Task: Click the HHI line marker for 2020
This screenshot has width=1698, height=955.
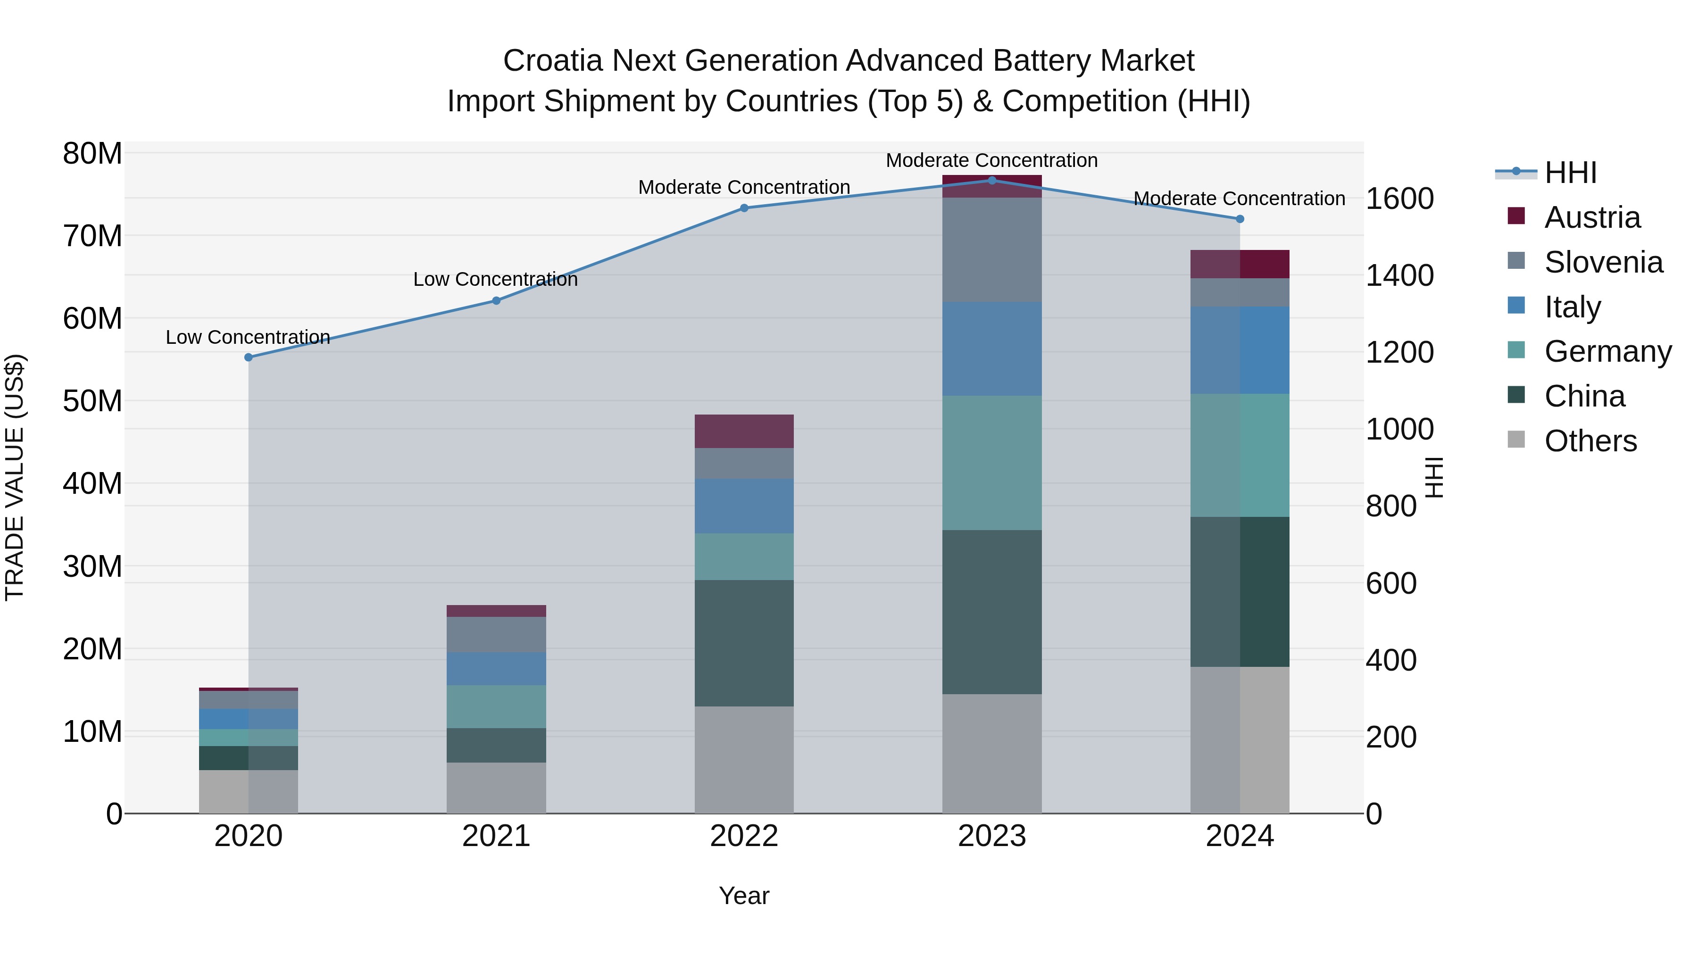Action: tap(249, 357)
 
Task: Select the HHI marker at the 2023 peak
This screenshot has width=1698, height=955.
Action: tap(992, 180)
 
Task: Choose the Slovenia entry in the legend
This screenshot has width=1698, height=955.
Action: tap(1603, 262)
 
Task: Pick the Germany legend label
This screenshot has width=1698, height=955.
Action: tap(1608, 351)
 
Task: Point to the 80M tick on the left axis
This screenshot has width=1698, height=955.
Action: tap(92, 154)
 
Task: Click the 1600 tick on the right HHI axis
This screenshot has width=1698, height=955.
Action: tap(1399, 199)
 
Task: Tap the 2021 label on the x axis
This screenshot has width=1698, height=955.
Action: tap(496, 836)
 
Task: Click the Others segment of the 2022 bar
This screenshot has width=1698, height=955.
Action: tap(744, 759)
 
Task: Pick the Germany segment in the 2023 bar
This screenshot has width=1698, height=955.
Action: tap(992, 463)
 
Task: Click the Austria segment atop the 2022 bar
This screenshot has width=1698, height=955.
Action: tap(744, 431)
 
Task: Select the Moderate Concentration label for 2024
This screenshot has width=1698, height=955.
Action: tap(1239, 199)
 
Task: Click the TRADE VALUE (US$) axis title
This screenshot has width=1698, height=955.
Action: tap(15, 477)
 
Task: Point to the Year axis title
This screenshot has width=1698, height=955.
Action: tap(744, 896)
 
